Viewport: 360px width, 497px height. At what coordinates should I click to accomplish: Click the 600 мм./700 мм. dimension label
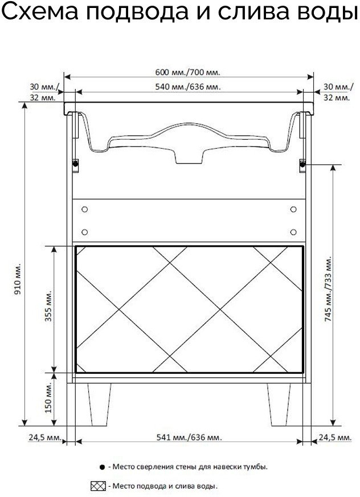[x=187, y=72]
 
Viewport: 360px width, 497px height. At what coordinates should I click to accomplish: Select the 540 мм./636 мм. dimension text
[x=188, y=87]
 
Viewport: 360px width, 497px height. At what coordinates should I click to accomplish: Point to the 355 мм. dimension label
[x=48, y=305]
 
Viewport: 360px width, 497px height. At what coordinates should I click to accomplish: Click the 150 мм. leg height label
[x=48, y=397]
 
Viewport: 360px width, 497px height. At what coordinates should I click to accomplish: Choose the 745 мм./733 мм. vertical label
[x=328, y=289]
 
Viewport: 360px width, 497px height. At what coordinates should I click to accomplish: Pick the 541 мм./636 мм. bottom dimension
[x=189, y=437]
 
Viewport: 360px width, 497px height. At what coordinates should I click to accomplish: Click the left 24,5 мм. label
[x=45, y=437]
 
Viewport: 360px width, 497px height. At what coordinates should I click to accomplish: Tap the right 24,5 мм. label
[x=336, y=437]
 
